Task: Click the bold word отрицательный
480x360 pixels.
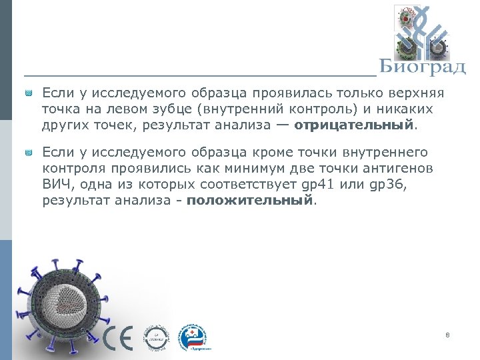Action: (353, 125)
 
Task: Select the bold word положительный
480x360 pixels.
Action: (249, 200)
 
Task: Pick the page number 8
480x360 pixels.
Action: (447, 335)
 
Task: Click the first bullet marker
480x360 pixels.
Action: (29, 94)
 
